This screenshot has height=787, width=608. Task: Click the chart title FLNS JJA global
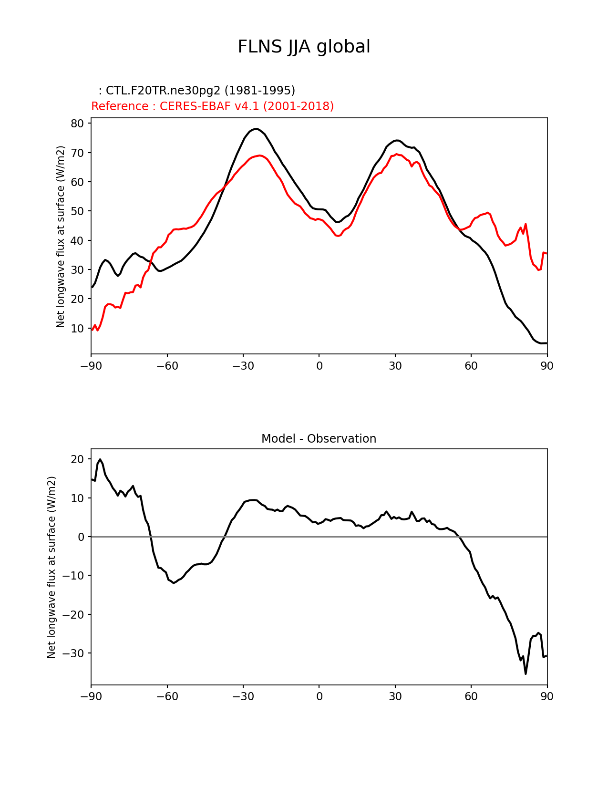[x=304, y=47]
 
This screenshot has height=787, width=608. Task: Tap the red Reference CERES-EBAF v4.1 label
[x=212, y=106]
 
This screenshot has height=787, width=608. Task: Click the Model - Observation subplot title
[x=319, y=439]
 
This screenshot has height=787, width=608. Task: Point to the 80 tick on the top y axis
[x=78, y=124]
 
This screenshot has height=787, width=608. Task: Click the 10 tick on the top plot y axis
[x=78, y=329]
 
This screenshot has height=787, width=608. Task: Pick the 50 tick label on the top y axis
[x=78, y=211]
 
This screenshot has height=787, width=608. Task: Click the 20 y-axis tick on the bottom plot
[x=78, y=459]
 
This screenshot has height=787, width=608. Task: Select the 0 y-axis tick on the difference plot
[x=81, y=537]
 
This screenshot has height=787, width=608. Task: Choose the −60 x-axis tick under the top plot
[x=167, y=366]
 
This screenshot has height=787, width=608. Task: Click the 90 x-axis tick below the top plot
[x=547, y=366]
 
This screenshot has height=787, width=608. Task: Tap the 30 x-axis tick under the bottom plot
[x=395, y=697]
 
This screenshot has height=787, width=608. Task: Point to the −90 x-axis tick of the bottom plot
[x=91, y=697]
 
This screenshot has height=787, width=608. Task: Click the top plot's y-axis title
[x=61, y=237]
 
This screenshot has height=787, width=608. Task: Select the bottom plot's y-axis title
[x=52, y=567]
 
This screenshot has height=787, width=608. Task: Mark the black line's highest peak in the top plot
[x=256, y=129]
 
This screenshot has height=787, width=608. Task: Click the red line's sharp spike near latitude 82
[x=526, y=224]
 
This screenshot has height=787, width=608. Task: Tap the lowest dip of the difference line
[x=526, y=673]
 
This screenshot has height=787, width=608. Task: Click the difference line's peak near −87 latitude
[x=100, y=459]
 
